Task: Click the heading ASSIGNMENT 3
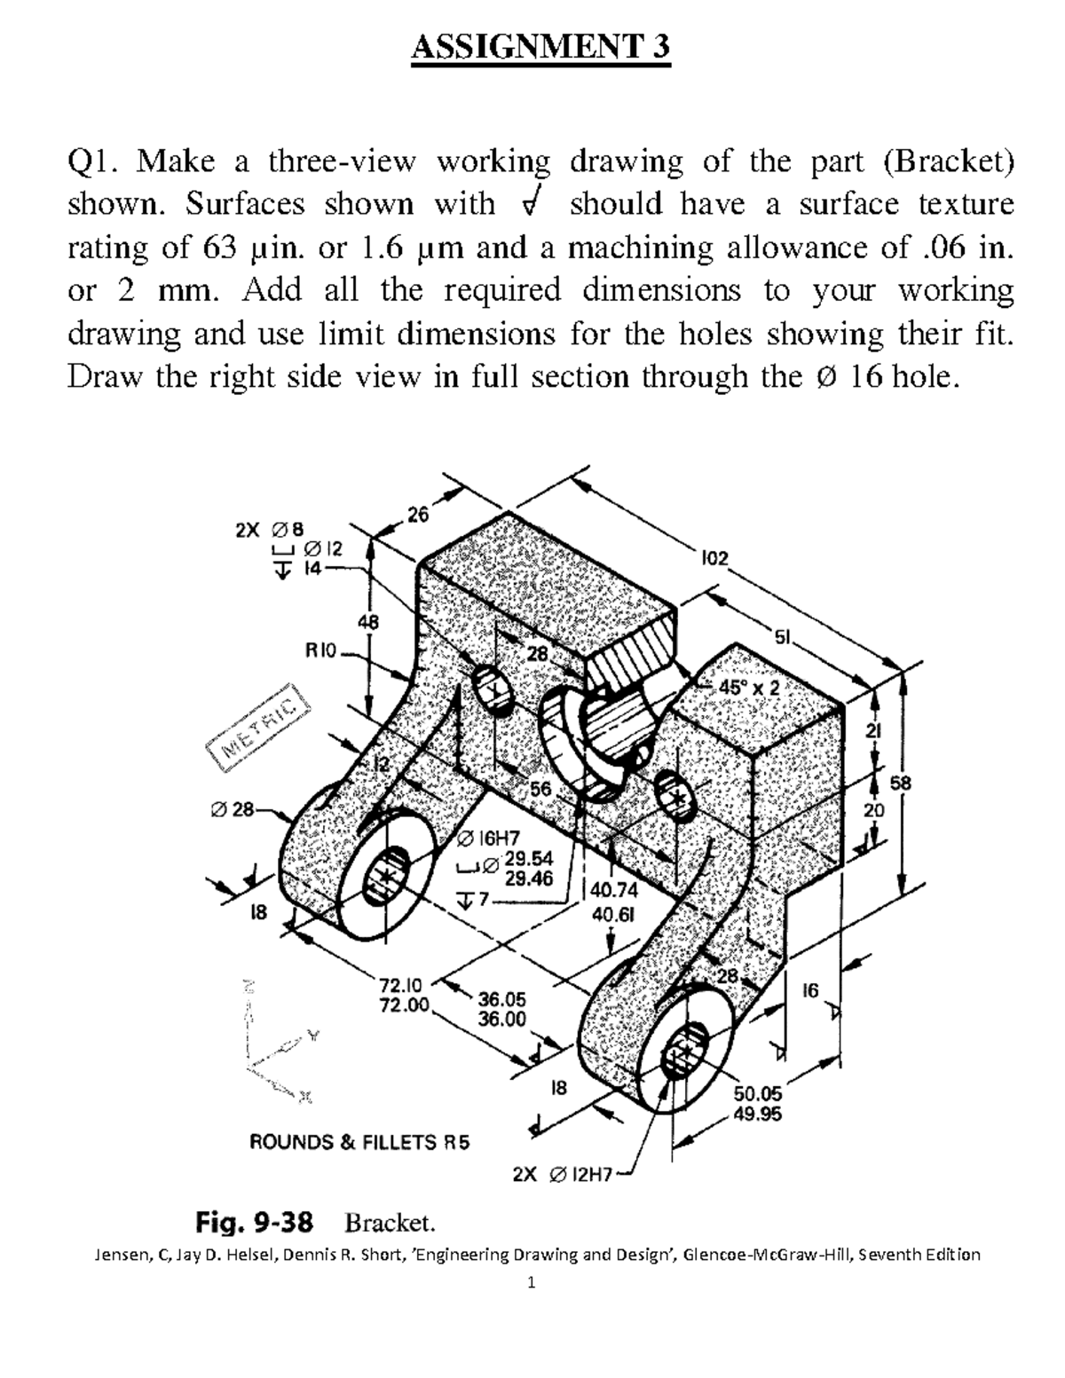tap(540, 46)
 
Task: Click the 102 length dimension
tap(714, 558)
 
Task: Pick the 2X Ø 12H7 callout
tap(563, 1175)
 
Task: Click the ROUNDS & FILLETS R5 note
tap(359, 1142)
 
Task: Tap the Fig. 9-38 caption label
tap(254, 1224)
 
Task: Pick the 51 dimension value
tap(783, 637)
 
